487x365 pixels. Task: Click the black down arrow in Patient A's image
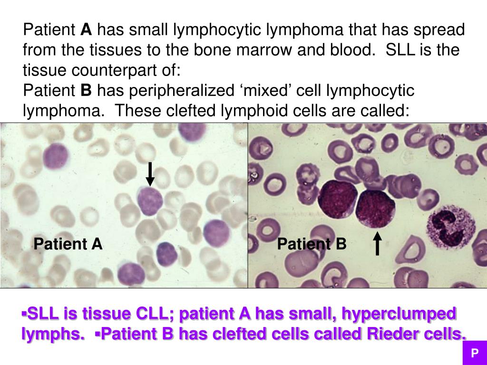click(x=150, y=174)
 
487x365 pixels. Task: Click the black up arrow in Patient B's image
click(x=377, y=243)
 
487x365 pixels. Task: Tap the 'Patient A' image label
click(x=68, y=244)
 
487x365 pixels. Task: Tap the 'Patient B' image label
click(x=312, y=244)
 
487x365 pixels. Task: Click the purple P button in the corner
click(x=474, y=353)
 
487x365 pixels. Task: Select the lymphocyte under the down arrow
click(x=150, y=201)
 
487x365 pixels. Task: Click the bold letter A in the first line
click(x=86, y=30)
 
